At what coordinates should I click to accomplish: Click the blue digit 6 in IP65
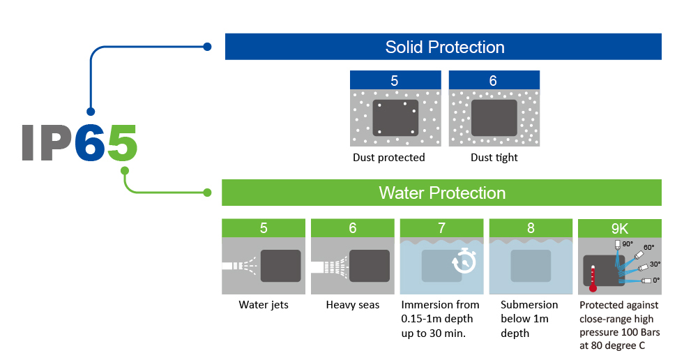click(x=90, y=143)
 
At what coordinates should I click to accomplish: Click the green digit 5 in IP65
click(x=122, y=143)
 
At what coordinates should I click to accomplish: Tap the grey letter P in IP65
click(x=56, y=143)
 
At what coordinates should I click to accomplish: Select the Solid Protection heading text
click(x=445, y=47)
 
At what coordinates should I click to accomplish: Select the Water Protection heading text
click(x=442, y=193)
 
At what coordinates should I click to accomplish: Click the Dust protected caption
click(x=388, y=158)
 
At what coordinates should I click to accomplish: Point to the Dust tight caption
click(x=494, y=158)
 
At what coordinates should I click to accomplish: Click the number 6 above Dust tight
click(x=493, y=81)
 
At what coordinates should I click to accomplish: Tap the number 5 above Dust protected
click(x=395, y=81)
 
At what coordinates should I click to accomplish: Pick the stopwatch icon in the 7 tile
click(x=464, y=261)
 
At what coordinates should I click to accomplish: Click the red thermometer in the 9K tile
click(x=593, y=278)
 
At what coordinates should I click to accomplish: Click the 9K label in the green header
click(x=619, y=228)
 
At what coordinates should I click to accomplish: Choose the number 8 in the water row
click(x=531, y=227)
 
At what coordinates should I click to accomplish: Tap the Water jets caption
click(x=264, y=305)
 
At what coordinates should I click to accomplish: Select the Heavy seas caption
click(x=353, y=305)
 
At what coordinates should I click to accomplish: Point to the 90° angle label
click(x=628, y=244)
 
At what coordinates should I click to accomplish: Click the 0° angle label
click(x=656, y=280)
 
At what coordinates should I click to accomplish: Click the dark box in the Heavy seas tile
click(x=370, y=266)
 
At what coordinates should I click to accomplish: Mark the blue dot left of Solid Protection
click(x=208, y=47)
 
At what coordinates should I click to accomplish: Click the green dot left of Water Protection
click(x=208, y=193)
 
